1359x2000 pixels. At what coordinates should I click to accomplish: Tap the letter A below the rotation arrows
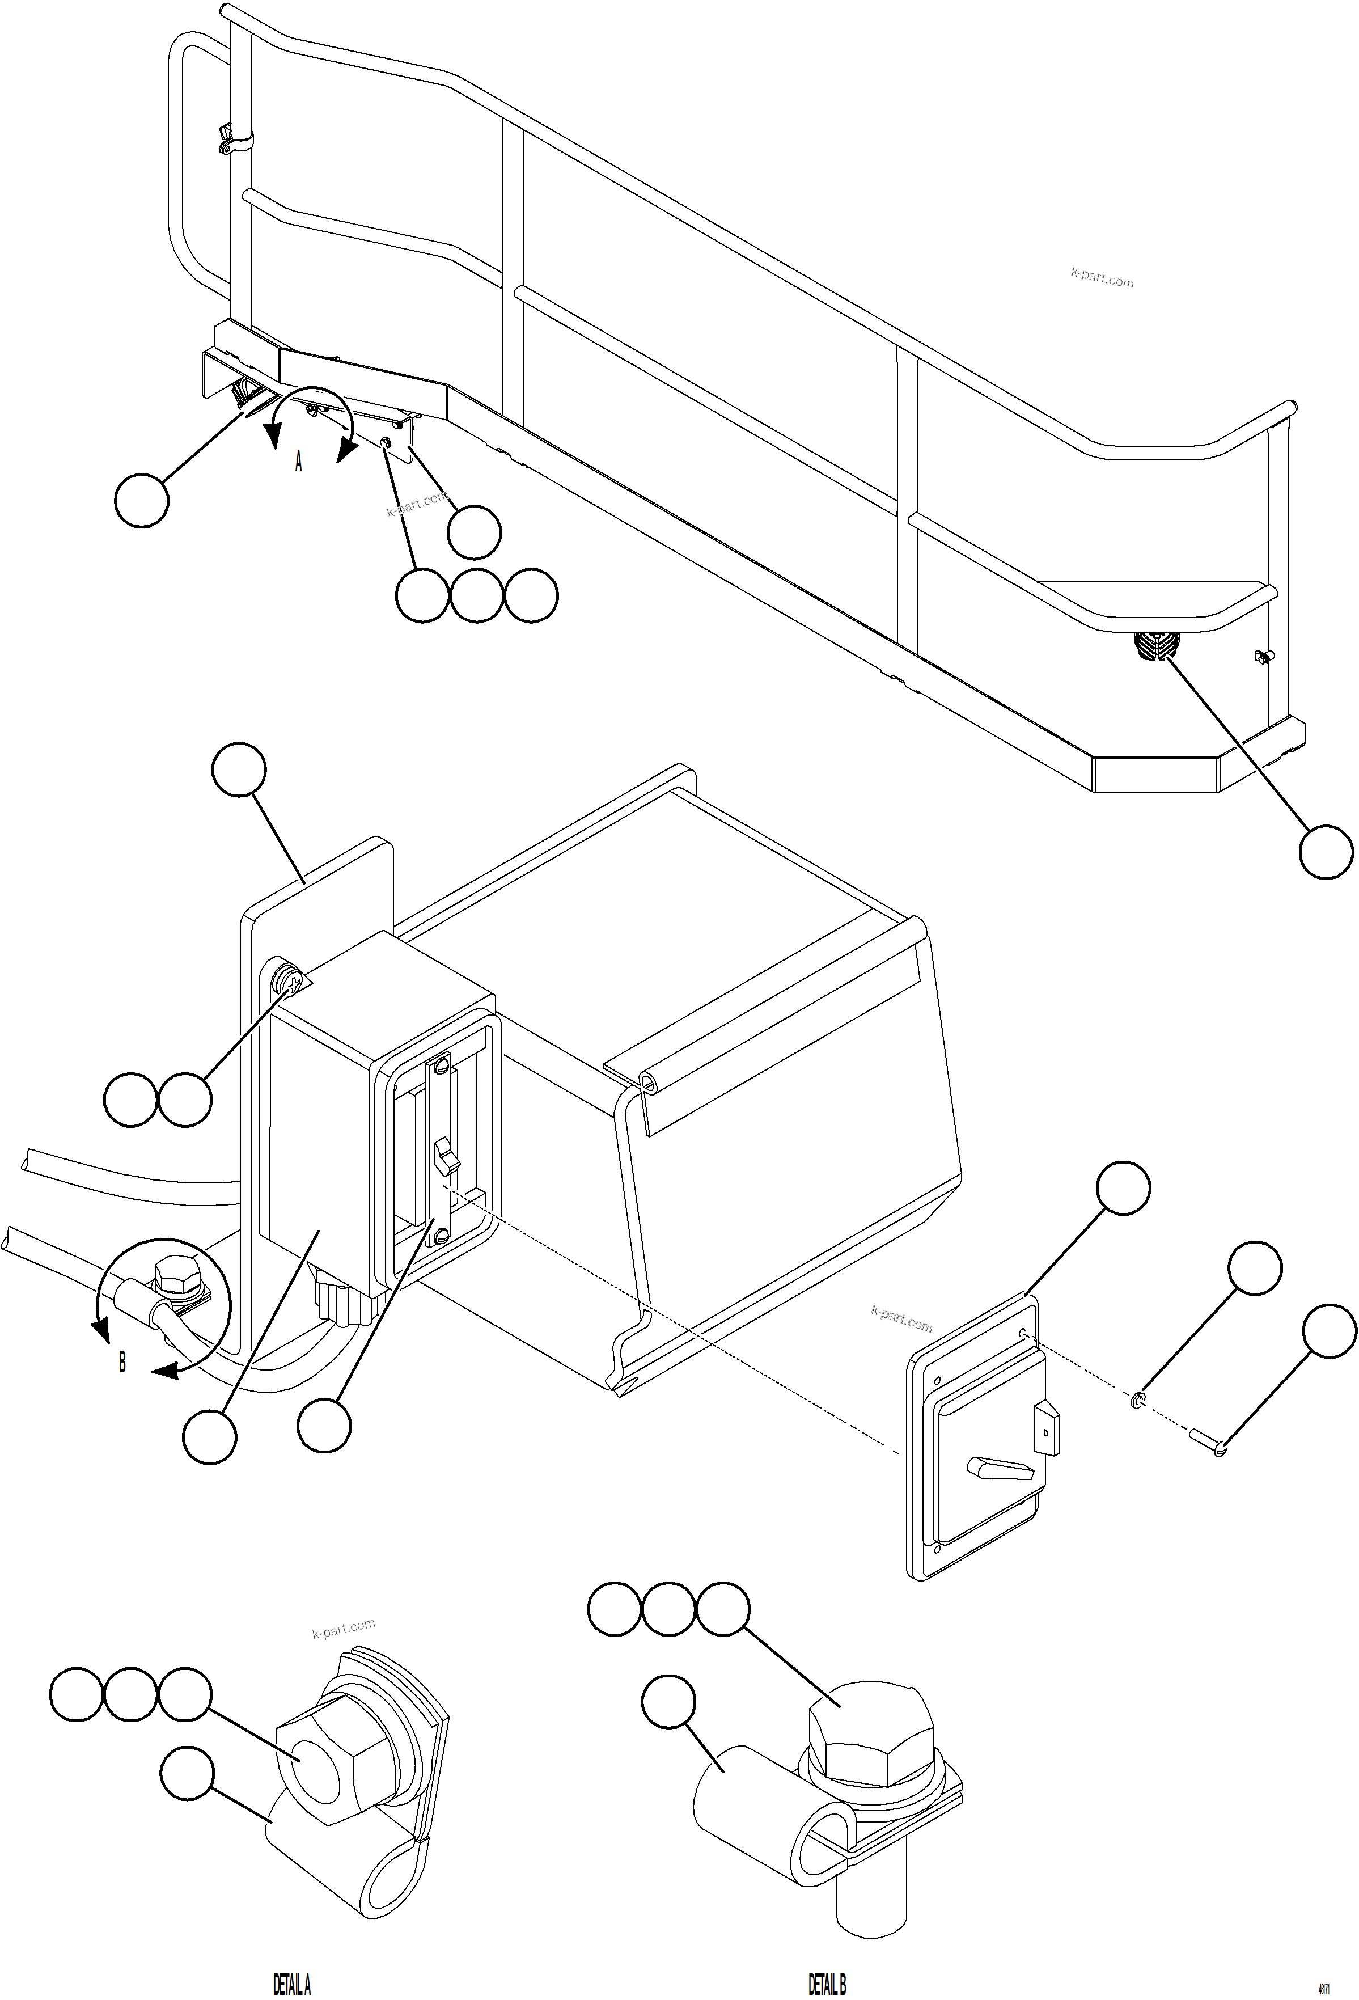coord(299,462)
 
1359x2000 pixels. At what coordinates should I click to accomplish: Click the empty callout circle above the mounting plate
coord(238,770)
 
